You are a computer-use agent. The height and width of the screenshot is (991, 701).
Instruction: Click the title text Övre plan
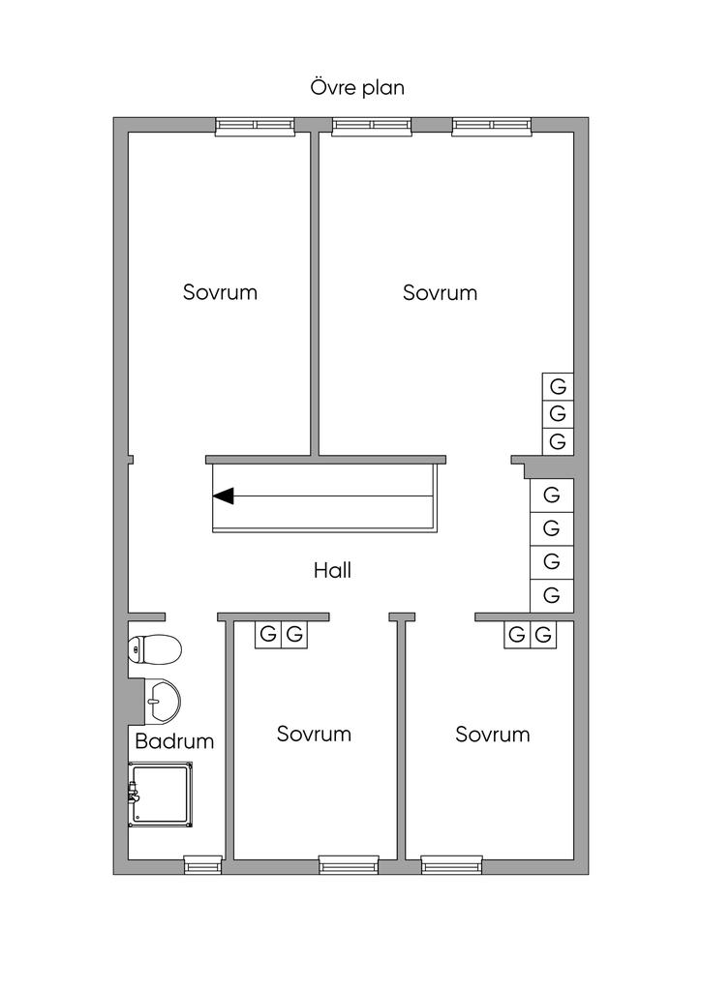[357, 87]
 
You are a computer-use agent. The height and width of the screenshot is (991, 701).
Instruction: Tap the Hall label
[332, 570]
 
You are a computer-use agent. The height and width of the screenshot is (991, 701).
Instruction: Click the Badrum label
[174, 742]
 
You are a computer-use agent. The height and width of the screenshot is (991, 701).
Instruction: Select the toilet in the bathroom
[155, 649]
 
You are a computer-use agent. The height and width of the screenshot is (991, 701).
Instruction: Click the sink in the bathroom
[161, 699]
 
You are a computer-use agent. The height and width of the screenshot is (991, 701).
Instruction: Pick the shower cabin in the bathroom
[162, 794]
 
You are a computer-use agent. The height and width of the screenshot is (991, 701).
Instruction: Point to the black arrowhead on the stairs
[224, 496]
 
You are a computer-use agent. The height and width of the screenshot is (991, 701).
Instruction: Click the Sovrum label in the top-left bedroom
[220, 292]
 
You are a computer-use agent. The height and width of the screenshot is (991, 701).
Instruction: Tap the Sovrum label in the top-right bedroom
[440, 292]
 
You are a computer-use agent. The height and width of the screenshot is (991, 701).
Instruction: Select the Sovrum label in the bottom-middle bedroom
[314, 734]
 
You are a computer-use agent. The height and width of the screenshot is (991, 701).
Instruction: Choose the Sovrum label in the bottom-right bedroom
[493, 734]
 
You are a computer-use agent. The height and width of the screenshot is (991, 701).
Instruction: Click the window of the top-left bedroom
[255, 126]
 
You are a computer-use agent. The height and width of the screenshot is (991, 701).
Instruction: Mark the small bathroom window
[203, 863]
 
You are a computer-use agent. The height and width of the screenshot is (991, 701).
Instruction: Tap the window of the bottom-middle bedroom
[349, 863]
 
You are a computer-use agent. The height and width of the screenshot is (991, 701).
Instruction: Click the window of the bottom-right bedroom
[451, 863]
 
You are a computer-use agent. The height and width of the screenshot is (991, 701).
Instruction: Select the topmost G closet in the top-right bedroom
[558, 385]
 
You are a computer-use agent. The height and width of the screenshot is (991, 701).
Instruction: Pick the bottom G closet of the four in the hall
[552, 594]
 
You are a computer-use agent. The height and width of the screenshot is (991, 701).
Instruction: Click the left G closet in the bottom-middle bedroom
[268, 635]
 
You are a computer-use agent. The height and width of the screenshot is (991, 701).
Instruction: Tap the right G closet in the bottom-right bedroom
[544, 635]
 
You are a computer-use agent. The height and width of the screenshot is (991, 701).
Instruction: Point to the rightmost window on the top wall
[491, 126]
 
